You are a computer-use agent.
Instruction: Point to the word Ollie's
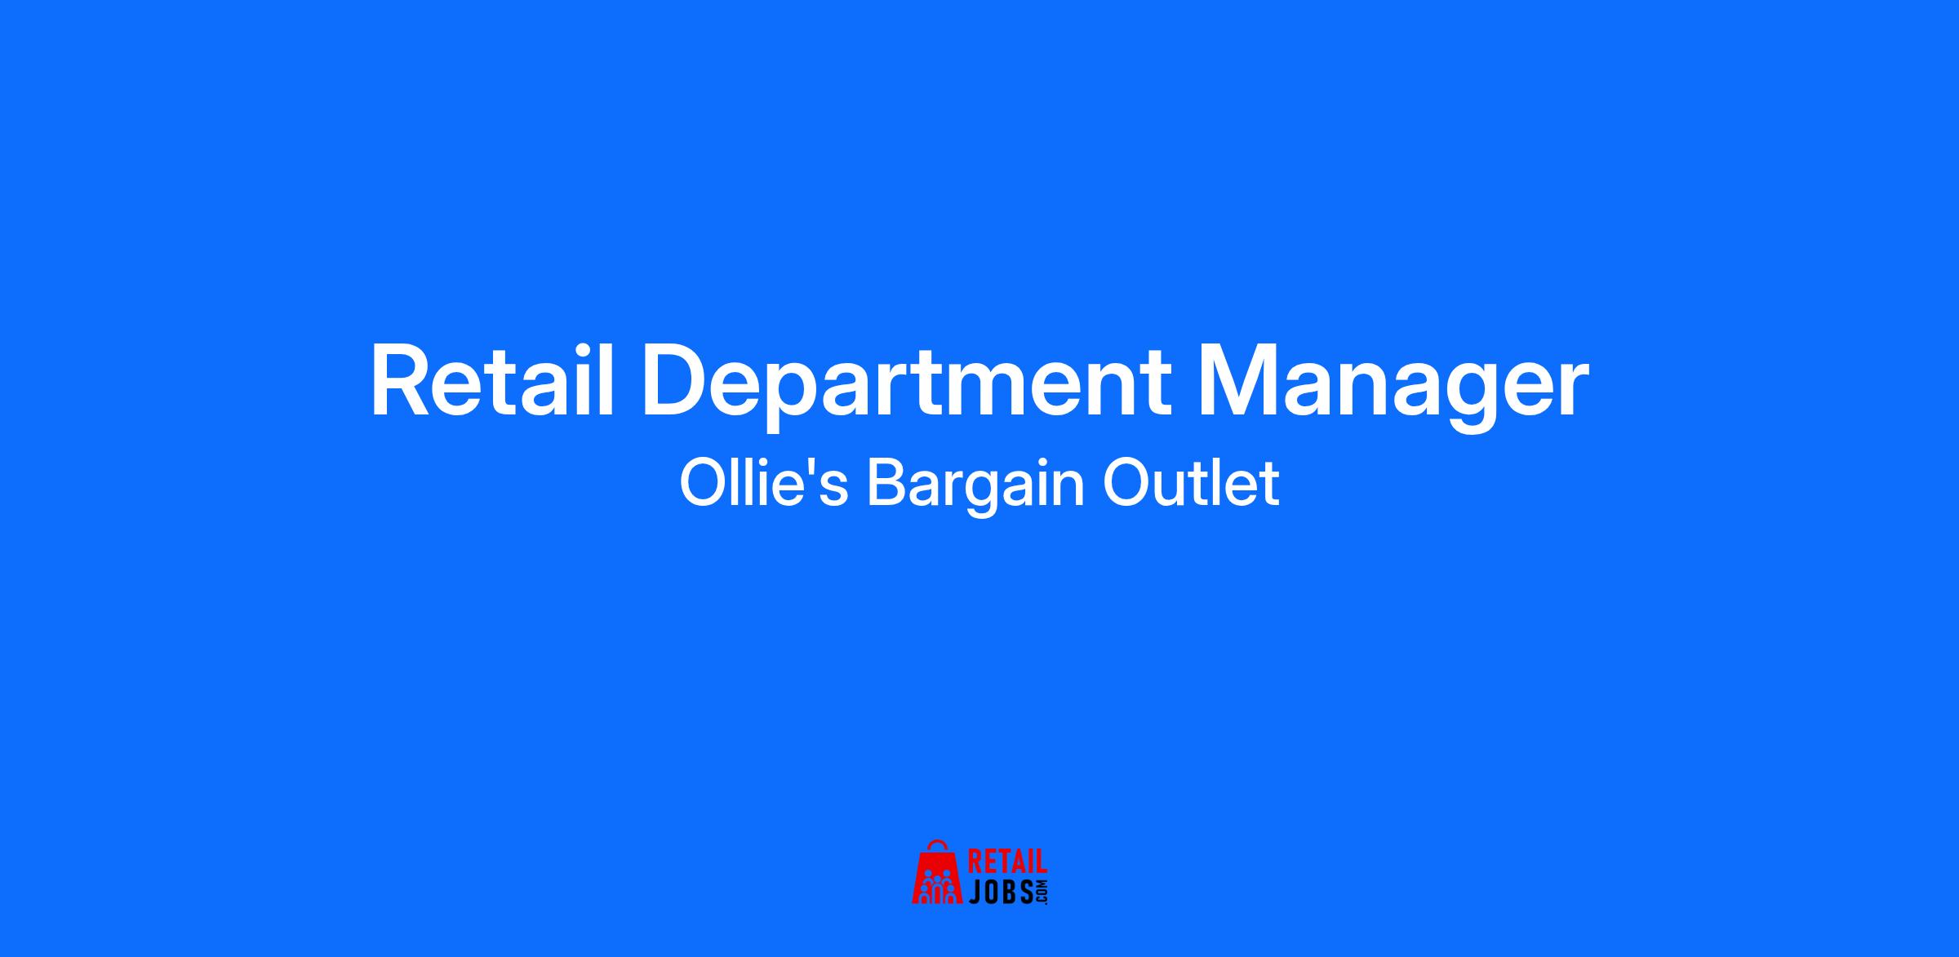764,483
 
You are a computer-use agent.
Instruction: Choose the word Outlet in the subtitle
1191,484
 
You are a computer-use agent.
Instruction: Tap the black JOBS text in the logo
1000,892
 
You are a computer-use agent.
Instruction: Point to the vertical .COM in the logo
1041,892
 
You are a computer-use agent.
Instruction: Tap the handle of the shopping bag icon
938,845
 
